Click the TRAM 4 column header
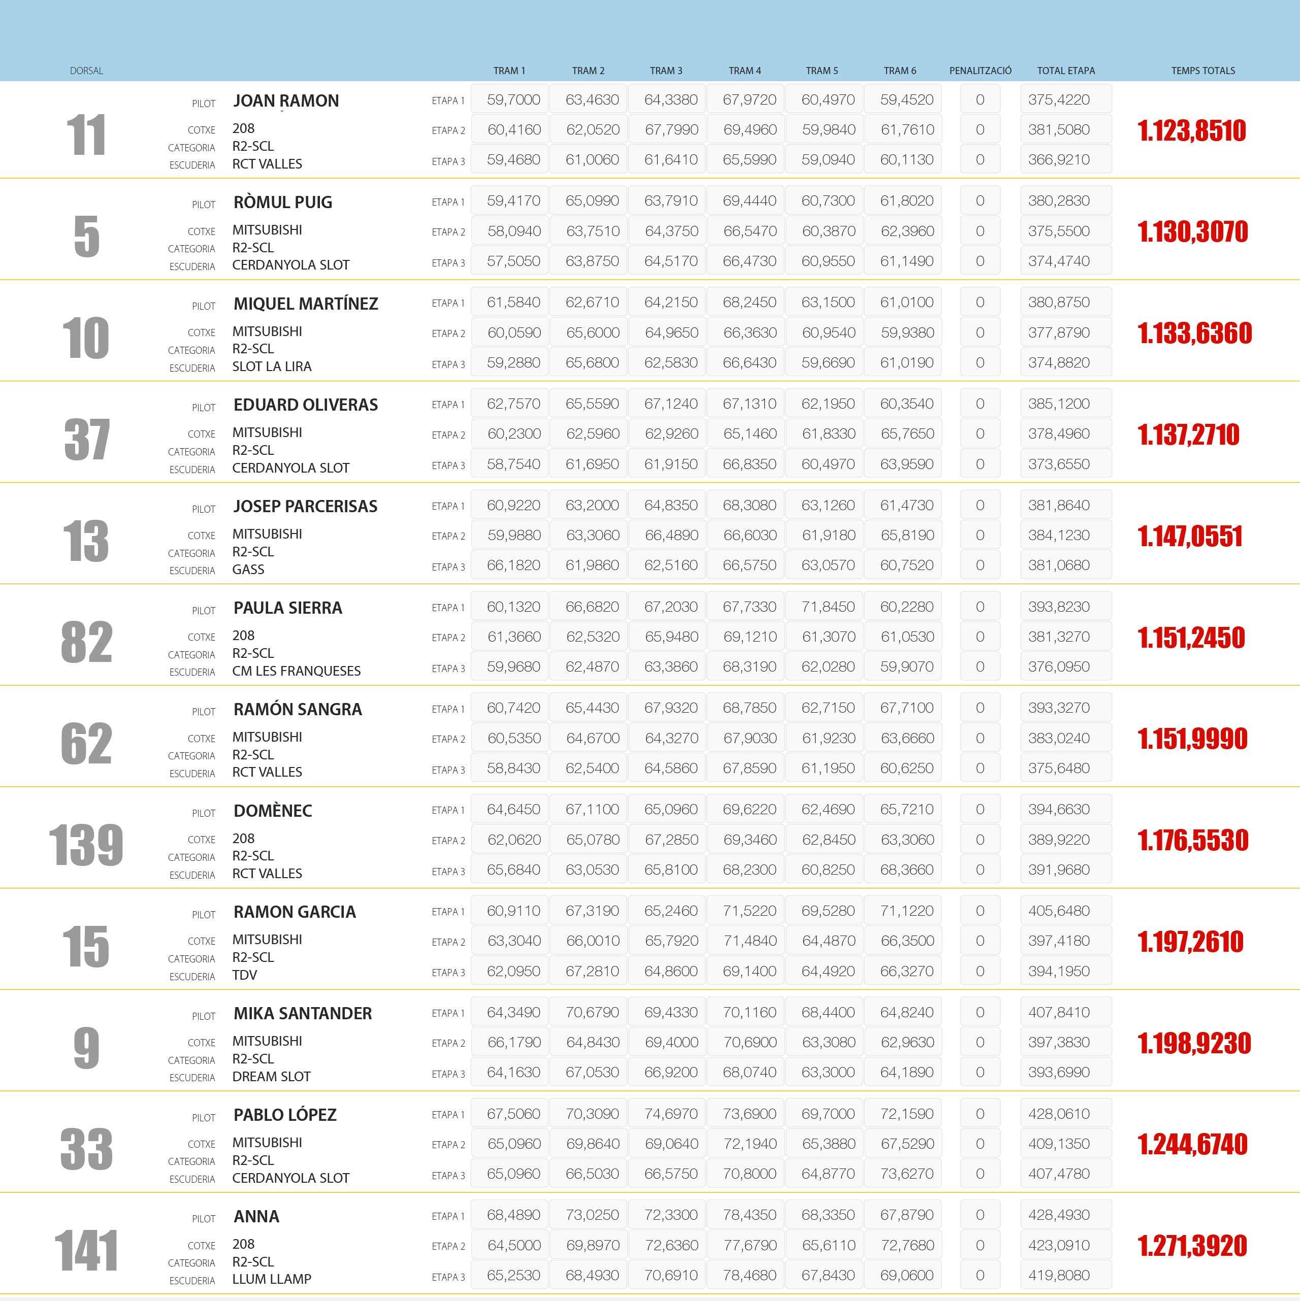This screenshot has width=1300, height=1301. coord(744,71)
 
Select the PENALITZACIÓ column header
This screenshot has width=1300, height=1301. coord(980,71)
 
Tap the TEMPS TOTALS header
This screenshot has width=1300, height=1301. coord(1202,71)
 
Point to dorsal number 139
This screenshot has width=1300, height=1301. coord(86,845)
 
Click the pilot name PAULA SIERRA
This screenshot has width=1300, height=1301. coord(287,608)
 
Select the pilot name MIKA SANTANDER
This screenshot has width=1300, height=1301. coord(303,1014)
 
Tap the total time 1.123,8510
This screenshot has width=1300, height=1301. coord(1191,130)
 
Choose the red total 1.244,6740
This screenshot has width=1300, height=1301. coord(1192,1145)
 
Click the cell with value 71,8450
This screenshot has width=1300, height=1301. coord(828,607)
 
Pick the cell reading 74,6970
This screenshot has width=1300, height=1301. coord(670,1114)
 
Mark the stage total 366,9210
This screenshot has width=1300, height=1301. coord(1058,159)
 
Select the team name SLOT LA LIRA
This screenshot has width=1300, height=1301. coord(272,367)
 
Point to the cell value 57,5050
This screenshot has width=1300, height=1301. coord(513,261)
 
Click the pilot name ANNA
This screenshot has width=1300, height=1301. coord(256,1217)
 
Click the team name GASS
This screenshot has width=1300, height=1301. coord(248,570)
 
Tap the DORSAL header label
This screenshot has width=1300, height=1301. coord(86,71)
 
